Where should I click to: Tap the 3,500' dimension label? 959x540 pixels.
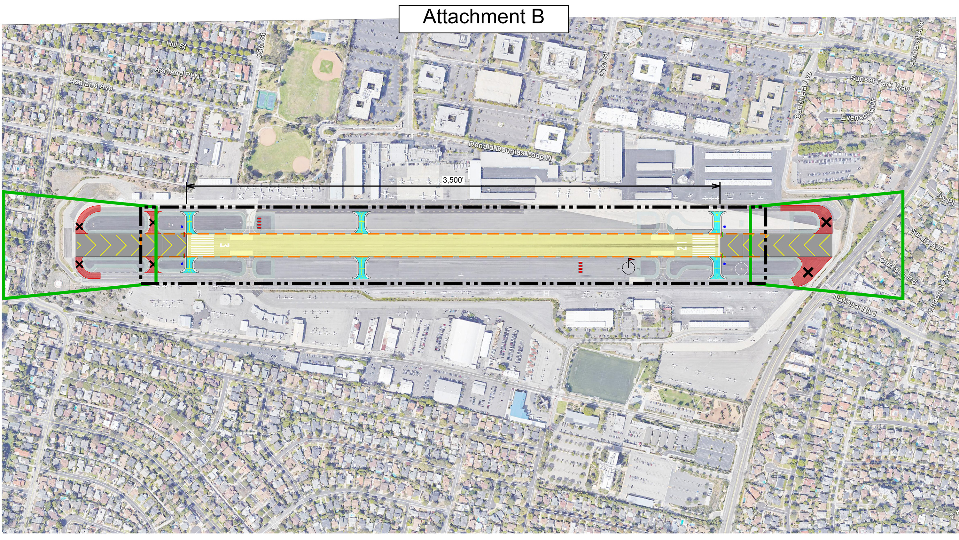tap(453, 180)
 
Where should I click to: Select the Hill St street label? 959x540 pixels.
tap(176, 45)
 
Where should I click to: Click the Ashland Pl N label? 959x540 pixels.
tap(177, 72)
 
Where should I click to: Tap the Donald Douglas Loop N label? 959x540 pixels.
tap(510, 151)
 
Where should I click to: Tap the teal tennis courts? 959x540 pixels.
tap(267, 99)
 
